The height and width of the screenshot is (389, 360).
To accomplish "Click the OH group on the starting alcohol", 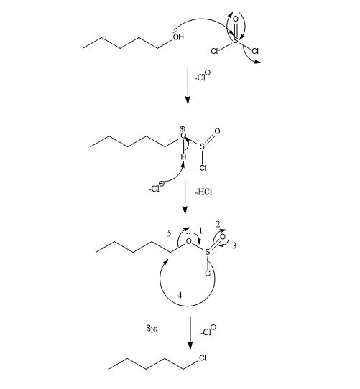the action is tap(178, 37).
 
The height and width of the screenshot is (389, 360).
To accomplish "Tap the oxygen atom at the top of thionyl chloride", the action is tap(236, 19).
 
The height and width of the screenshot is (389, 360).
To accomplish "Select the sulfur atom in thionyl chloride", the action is tap(236, 40).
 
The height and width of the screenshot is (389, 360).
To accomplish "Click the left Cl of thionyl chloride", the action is tap(214, 51).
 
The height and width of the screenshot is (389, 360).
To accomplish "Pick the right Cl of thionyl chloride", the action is tap(255, 51).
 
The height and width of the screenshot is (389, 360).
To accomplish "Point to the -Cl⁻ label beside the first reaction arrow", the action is tap(203, 76).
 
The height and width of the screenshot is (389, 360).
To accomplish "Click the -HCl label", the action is tap(204, 192).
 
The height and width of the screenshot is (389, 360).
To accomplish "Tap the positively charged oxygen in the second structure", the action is tap(183, 136).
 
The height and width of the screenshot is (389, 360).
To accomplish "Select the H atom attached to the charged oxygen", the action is tap(183, 156).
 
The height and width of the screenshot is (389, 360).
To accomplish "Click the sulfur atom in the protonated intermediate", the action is tap(202, 146).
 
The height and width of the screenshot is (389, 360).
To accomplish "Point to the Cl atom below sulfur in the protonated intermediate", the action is tap(203, 168).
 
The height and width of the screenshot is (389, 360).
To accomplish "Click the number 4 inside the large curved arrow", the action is tap(180, 295).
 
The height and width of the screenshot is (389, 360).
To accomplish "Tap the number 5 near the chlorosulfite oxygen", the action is tap(169, 233).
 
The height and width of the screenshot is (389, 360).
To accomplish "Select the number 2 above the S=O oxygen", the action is tap(218, 224).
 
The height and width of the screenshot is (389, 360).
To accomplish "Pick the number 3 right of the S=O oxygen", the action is tap(234, 245).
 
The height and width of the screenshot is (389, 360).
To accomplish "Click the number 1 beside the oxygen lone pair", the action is tap(200, 231).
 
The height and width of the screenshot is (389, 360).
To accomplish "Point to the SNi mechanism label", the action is tap(152, 329).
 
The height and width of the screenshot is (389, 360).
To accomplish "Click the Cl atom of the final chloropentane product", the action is tap(203, 358).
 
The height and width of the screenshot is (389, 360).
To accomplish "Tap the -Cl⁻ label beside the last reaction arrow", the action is tap(208, 330).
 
